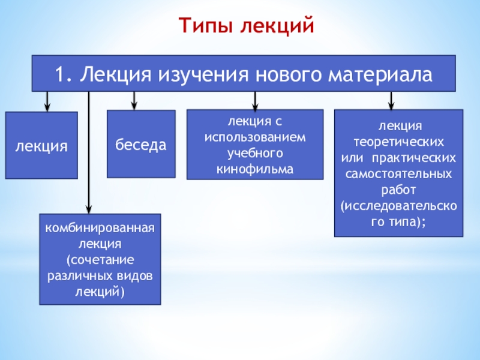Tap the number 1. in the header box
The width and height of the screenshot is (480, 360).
pyautogui.click(x=65, y=74)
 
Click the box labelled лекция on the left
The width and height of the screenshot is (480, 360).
pyautogui.click(x=41, y=146)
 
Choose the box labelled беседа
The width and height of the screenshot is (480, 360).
pyautogui.click(x=141, y=145)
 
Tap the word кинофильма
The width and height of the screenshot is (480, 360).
pyautogui.click(x=254, y=169)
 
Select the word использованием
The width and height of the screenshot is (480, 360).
pyautogui.click(x=254, y=137)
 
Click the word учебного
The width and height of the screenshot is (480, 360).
pyautogui.click(x=254, y=153)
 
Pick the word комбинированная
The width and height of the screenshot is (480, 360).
pyautogui.click(x=100, y=229)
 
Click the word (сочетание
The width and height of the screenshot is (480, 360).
pyautogui.click(x=100, y=260)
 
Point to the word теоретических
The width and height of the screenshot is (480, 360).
pyautogui.click(x=398, y=142)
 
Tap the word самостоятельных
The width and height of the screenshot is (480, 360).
pyautogui.click(x=398, y=175)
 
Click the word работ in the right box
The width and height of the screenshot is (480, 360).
pyautogui.click(x=398, y=190)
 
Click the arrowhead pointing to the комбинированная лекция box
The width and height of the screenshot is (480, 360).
pyautogui.click(x=89, y=208)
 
